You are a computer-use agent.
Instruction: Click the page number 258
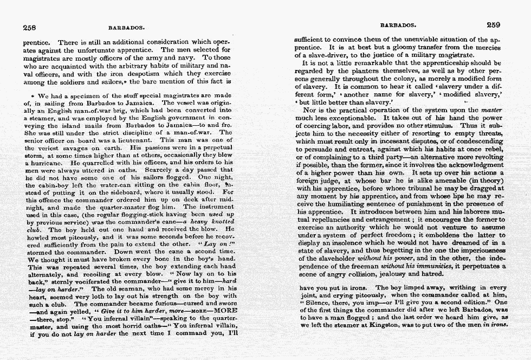(29, 26)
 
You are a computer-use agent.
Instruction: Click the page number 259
(494, 24)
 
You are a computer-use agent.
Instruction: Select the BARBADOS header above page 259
(398, 25)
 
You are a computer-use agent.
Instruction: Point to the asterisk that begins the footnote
(27, 95)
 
